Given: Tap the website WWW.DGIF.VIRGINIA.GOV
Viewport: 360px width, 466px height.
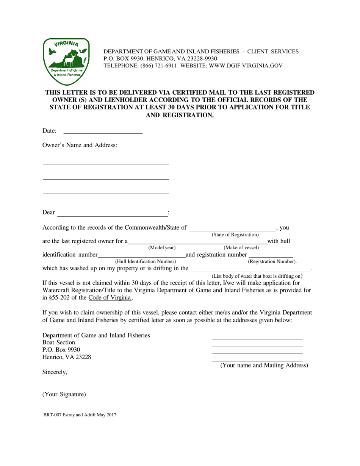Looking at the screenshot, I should [x=247, y=66].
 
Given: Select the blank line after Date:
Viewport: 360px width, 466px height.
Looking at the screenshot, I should [x=103, y=133].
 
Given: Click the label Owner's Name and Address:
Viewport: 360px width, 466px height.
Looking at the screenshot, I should [x=80, y=145].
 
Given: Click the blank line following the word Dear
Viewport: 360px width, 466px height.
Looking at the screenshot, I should [x=112, y=216].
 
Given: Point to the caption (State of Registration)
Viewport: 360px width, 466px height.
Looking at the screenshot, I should [x=235, y=235].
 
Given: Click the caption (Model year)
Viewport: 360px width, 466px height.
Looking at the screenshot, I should [x=162, y=248].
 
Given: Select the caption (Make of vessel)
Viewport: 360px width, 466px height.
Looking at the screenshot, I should [x=241, y=248].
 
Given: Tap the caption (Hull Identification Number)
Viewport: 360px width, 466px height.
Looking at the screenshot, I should [x=146, y=261].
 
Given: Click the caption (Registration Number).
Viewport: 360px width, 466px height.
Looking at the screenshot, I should [x=272, y=261].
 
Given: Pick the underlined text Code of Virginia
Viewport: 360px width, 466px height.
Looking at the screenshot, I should [x=110, y=297].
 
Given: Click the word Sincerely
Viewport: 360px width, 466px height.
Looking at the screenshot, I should [x=55, y=372].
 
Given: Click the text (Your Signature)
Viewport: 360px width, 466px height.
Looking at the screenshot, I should [x=64, y=394].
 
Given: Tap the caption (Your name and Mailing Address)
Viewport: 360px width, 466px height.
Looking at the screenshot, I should [x=264, y=365].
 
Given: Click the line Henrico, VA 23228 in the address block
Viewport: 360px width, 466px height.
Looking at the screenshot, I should [x=67, y=357].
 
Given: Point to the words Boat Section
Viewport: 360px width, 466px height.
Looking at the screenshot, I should [x=59, y=342].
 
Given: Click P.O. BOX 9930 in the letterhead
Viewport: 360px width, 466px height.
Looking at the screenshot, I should [x=122, y=58].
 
